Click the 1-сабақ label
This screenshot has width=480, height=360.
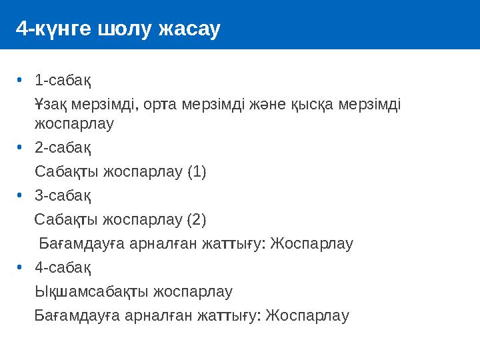(63, 81)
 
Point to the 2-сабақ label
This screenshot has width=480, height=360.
(63, 147)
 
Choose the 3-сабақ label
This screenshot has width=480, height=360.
(63, 196)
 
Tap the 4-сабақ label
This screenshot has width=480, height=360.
(63, 267)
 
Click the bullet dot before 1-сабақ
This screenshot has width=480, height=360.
(20, 81)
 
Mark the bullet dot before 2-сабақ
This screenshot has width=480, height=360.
(20, 147)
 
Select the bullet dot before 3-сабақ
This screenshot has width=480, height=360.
(20, 196)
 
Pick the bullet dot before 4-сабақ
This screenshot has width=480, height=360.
(20, 267)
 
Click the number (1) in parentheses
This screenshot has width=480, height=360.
(197, 172)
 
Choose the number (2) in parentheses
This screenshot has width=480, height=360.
(197, 219)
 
